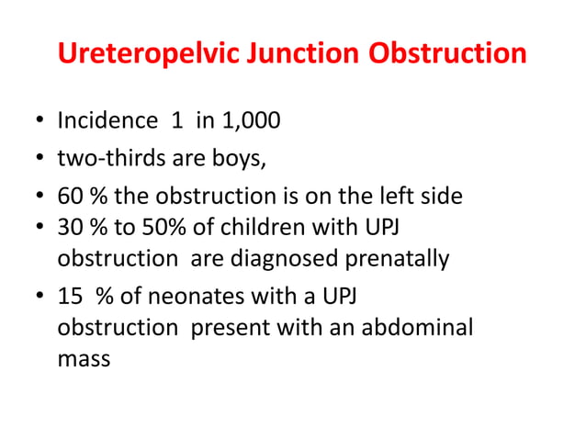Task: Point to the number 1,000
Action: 247,121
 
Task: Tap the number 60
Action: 69,198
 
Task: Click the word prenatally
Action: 397,258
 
